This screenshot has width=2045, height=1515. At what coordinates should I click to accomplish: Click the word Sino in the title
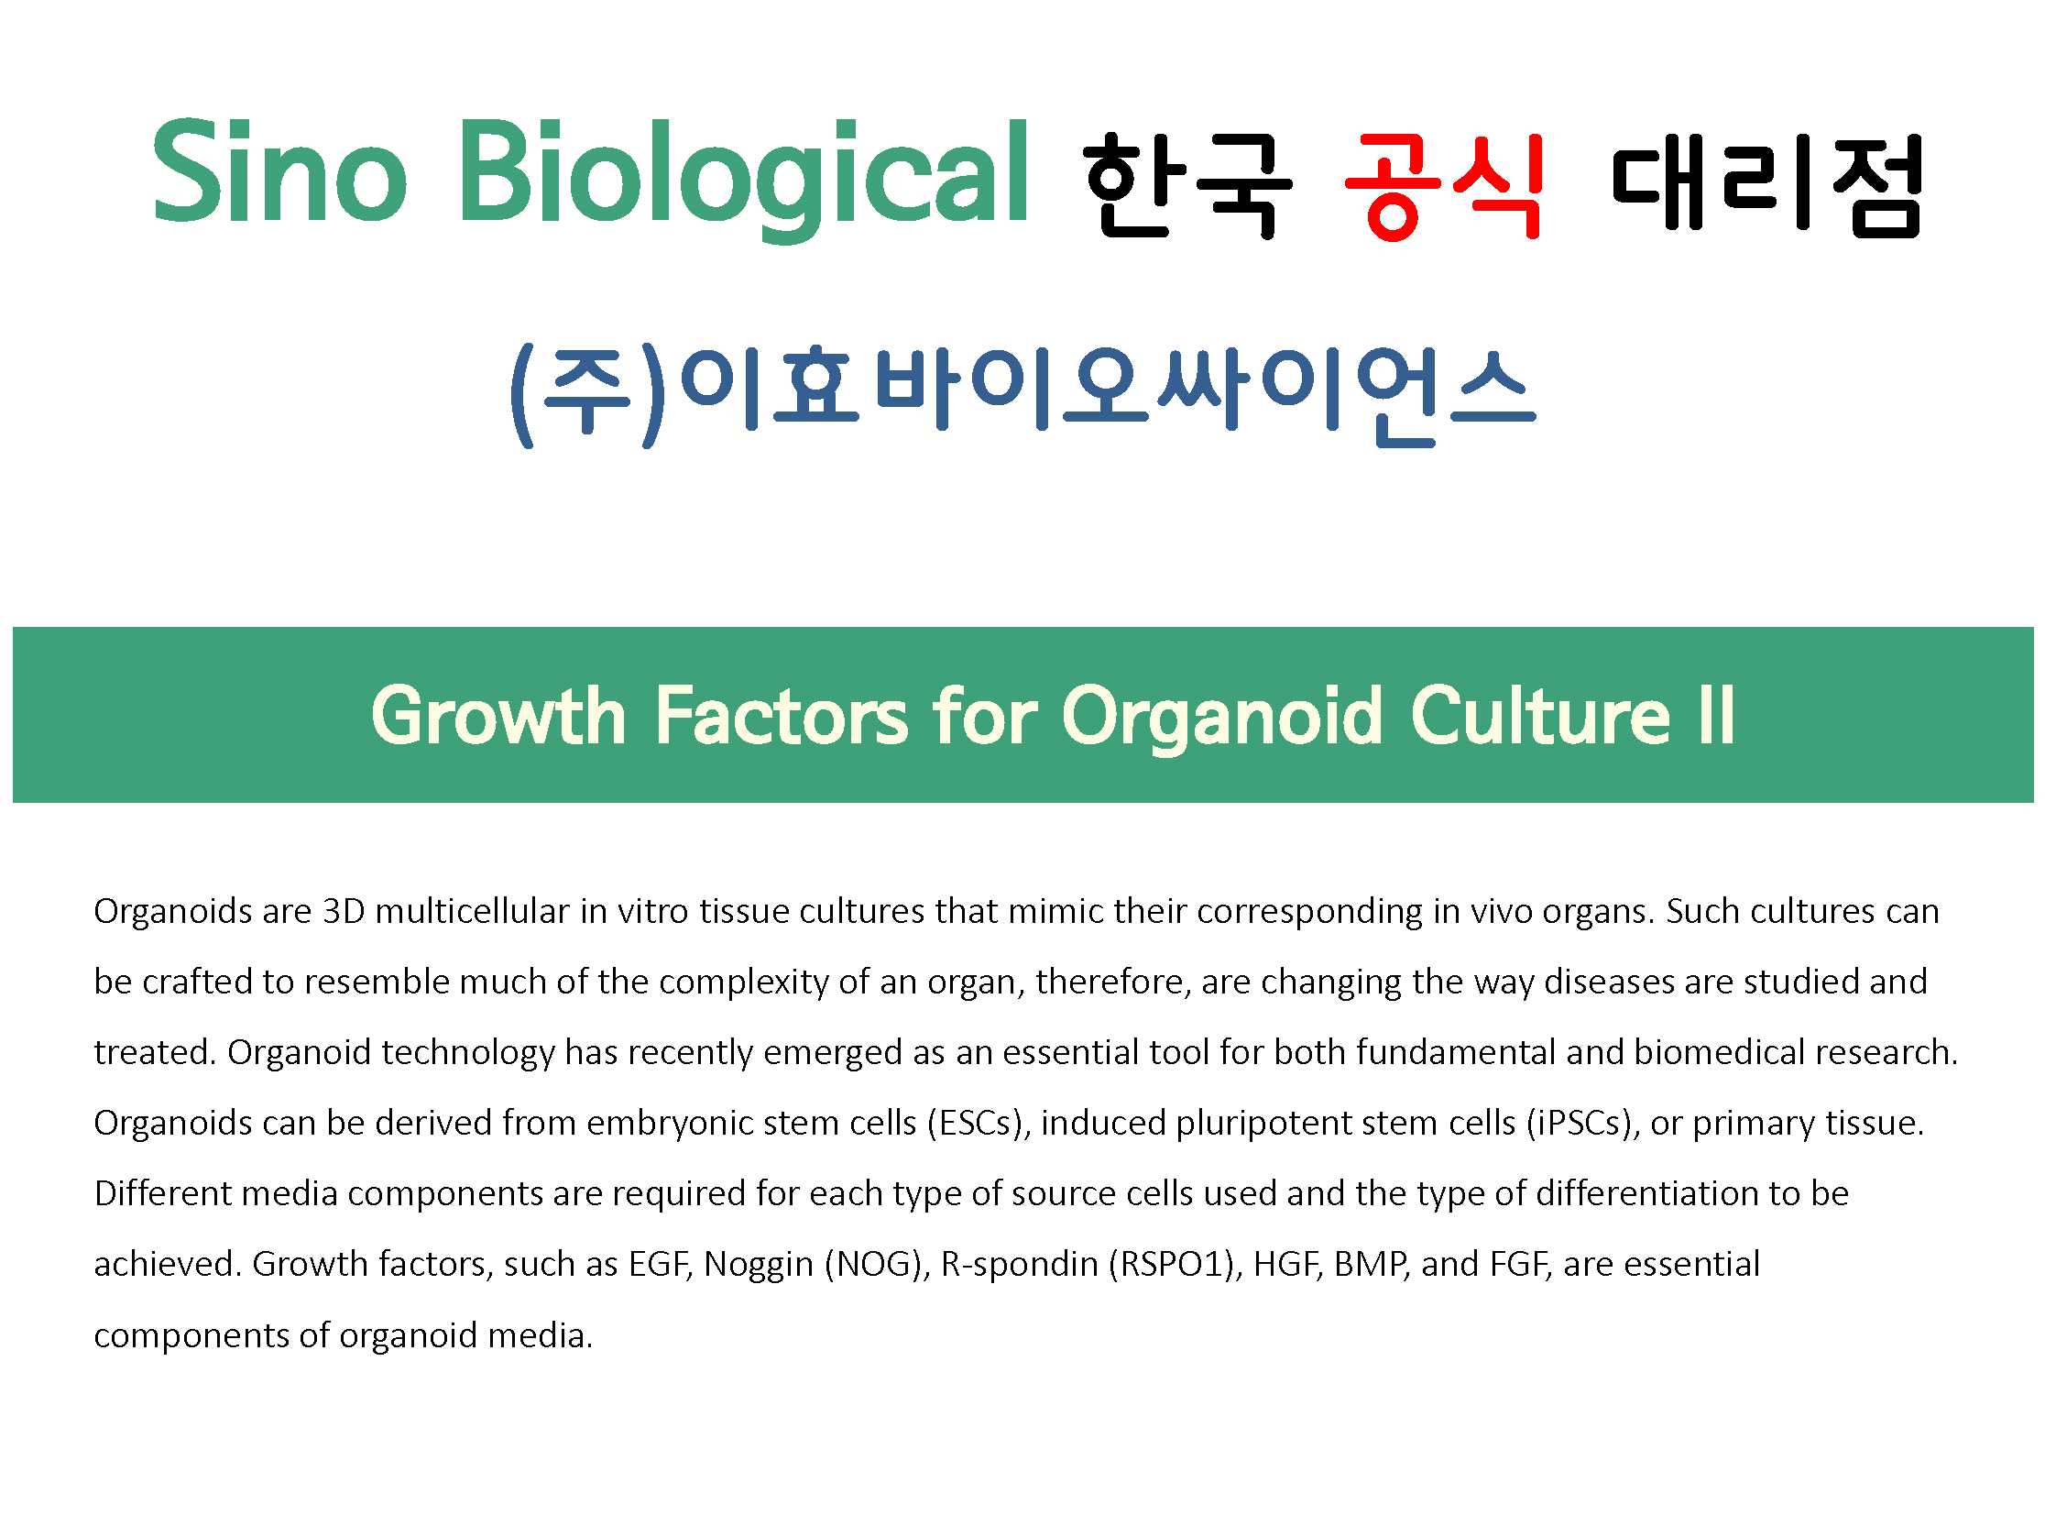tap(279, 172)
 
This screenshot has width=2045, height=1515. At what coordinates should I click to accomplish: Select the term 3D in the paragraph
tap(344, 912)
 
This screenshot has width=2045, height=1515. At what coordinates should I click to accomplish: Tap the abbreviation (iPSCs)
tap(1583, 1124)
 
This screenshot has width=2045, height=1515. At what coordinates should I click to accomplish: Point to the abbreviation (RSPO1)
tap(1176, 1265)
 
